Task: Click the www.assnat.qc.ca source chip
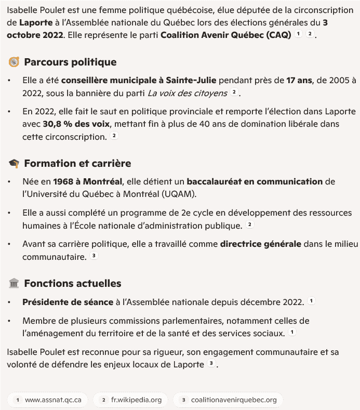(x=48, y=400)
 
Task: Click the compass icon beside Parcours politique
(x=14, y=62)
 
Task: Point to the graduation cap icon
(x=14, y=164)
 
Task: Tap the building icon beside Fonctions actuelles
(x=14, y=284)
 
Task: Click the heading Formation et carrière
(x=77, y=164)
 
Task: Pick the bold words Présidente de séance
(x=68, y=302)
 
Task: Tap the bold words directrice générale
(x=260, y=243)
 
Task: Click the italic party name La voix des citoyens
(x=187, y=93)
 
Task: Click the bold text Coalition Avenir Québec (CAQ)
(x=225, y=35)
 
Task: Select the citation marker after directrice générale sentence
(x=94, y=256)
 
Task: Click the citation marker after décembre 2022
(x=311, y=301)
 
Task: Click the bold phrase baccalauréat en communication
(x=255, y=181)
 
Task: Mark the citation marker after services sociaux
(x=293, y=333)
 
